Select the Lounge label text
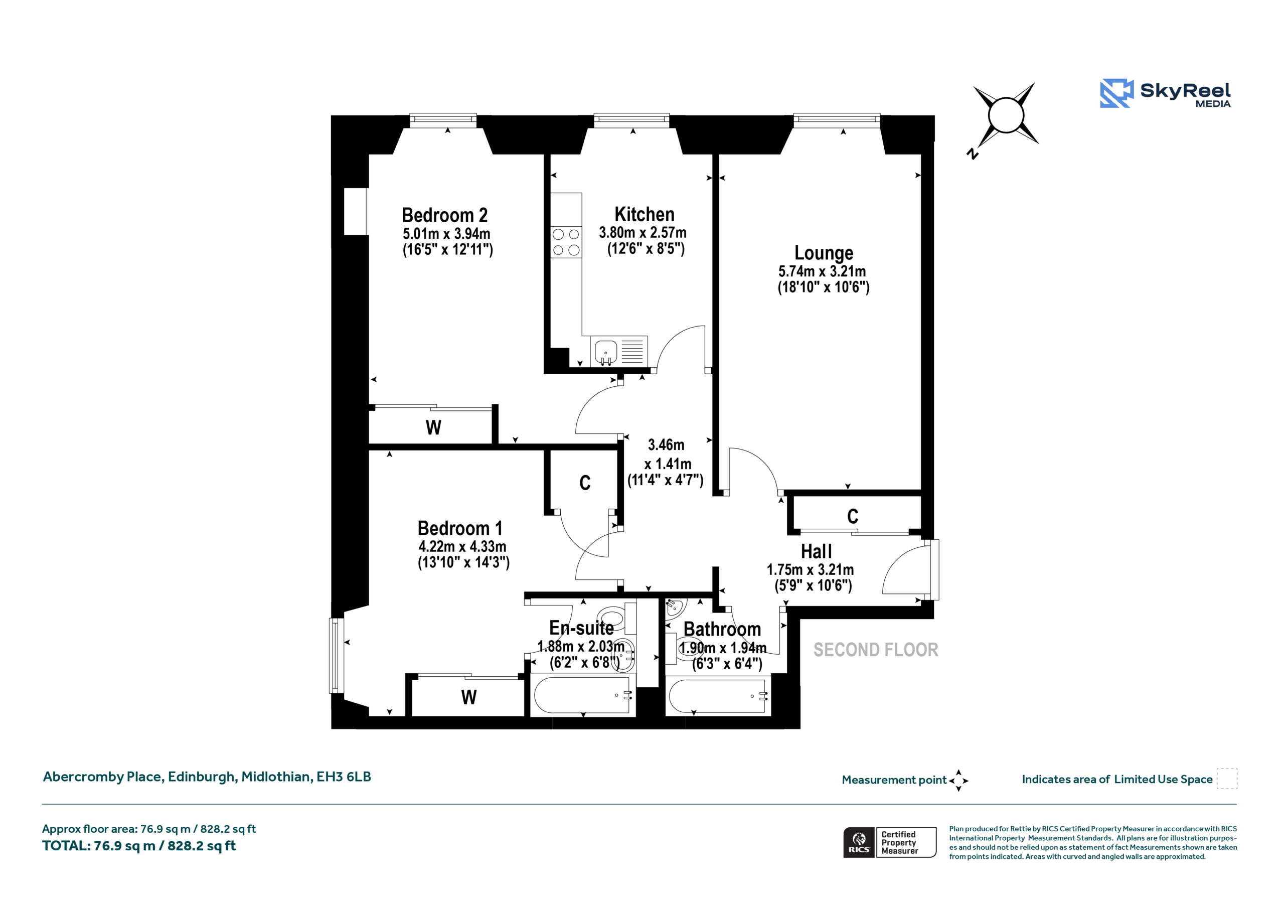[x=824, y=253]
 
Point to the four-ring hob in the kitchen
[x=566, y=242]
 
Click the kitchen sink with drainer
[x=619, y=351]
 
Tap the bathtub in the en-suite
[x=583, y=695]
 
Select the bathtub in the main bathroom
[x=718, y=695]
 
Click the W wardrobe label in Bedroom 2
[x=433, y=428]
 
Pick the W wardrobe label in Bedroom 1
[x=468, y=698]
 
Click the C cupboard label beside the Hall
[x=852, y=516]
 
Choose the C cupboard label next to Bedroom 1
[x=585, y=483]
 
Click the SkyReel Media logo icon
[x=1117, y=93]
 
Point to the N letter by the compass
[x=973, y=154]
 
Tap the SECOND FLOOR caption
[x=876, y=650]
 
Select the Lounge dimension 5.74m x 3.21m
[x=822, y=271]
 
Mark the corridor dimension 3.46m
[x=666, y=445]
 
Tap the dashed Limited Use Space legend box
[x=1227, y=779]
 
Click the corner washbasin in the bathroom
[x=676, y=607]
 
